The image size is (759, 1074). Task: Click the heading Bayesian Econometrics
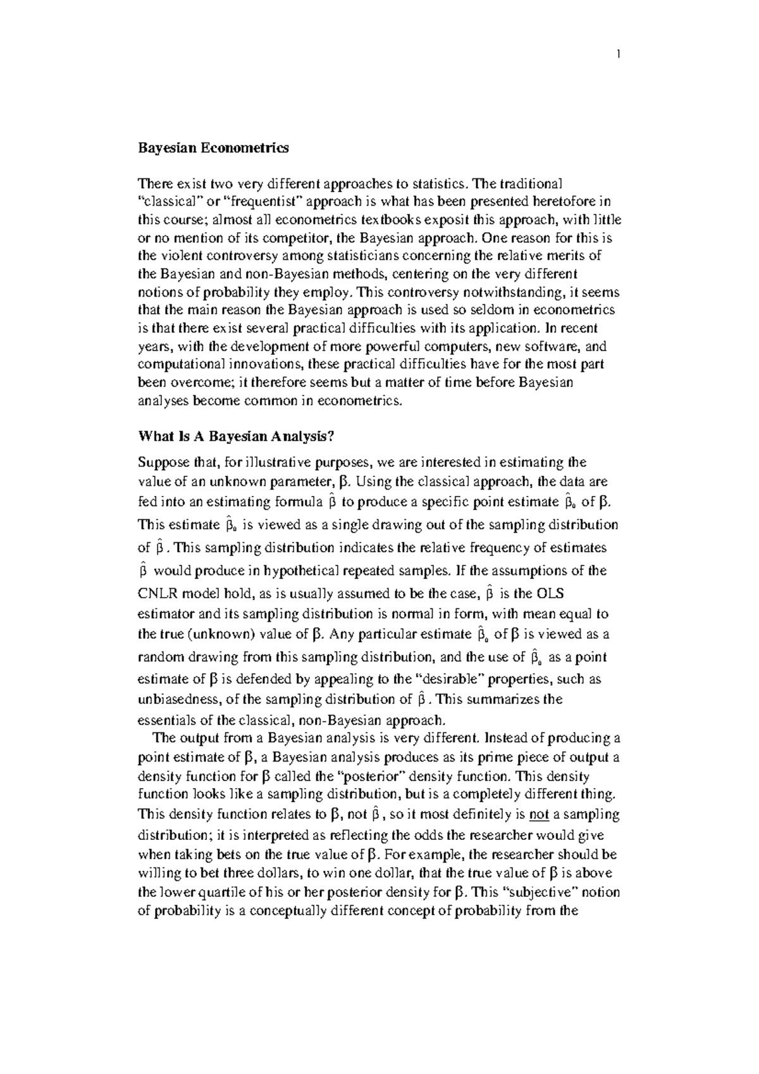click(213, 148)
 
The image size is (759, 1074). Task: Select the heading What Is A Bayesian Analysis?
click(237, 436)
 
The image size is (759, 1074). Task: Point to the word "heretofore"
click(545, 202)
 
